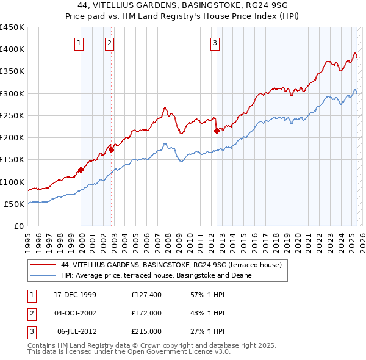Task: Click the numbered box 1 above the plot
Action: click(x=80, y=43)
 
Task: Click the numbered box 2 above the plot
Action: click(x=109, y=43)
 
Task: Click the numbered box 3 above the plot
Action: click(x=215, y=43)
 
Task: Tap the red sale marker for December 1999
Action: click(x=81, y=170)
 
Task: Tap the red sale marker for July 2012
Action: click(x=217, y=131)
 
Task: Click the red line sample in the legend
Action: click(x=43, y=265)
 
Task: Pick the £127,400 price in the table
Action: click(x=146, y=295)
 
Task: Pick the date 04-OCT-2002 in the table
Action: click(x=75, y=314)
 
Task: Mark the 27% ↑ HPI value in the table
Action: click(x=208, y=331)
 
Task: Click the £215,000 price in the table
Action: click(x=146, y=331)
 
